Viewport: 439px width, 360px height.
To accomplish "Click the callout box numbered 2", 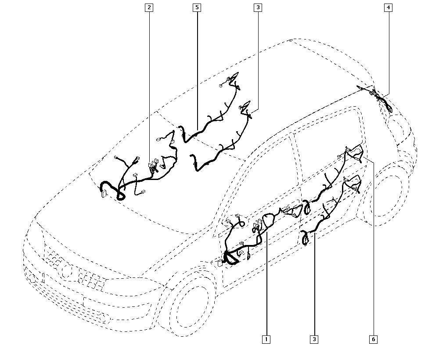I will [149, 7].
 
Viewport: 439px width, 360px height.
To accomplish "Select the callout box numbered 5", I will [197, 7].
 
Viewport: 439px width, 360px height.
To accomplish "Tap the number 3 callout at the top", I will [258, 7].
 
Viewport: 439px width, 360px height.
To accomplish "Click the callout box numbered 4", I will [388, 7].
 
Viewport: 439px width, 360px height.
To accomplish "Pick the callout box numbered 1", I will [266, 339].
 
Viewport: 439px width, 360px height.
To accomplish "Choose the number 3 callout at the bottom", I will [314, 339].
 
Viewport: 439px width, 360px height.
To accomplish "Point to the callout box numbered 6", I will [374, 339].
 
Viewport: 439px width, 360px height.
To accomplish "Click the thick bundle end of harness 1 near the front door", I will [230, 259].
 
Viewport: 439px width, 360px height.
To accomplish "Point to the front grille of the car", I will [90, 277].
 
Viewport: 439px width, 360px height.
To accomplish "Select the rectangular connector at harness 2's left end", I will [104, 193].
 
